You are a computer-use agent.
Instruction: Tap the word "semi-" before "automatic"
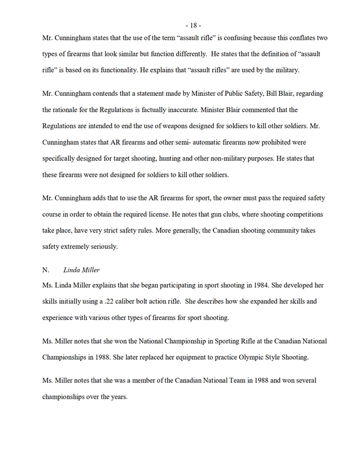point(199,141)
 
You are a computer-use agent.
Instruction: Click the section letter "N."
point(46,269)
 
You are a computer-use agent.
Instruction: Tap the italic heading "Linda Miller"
point(85,269)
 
